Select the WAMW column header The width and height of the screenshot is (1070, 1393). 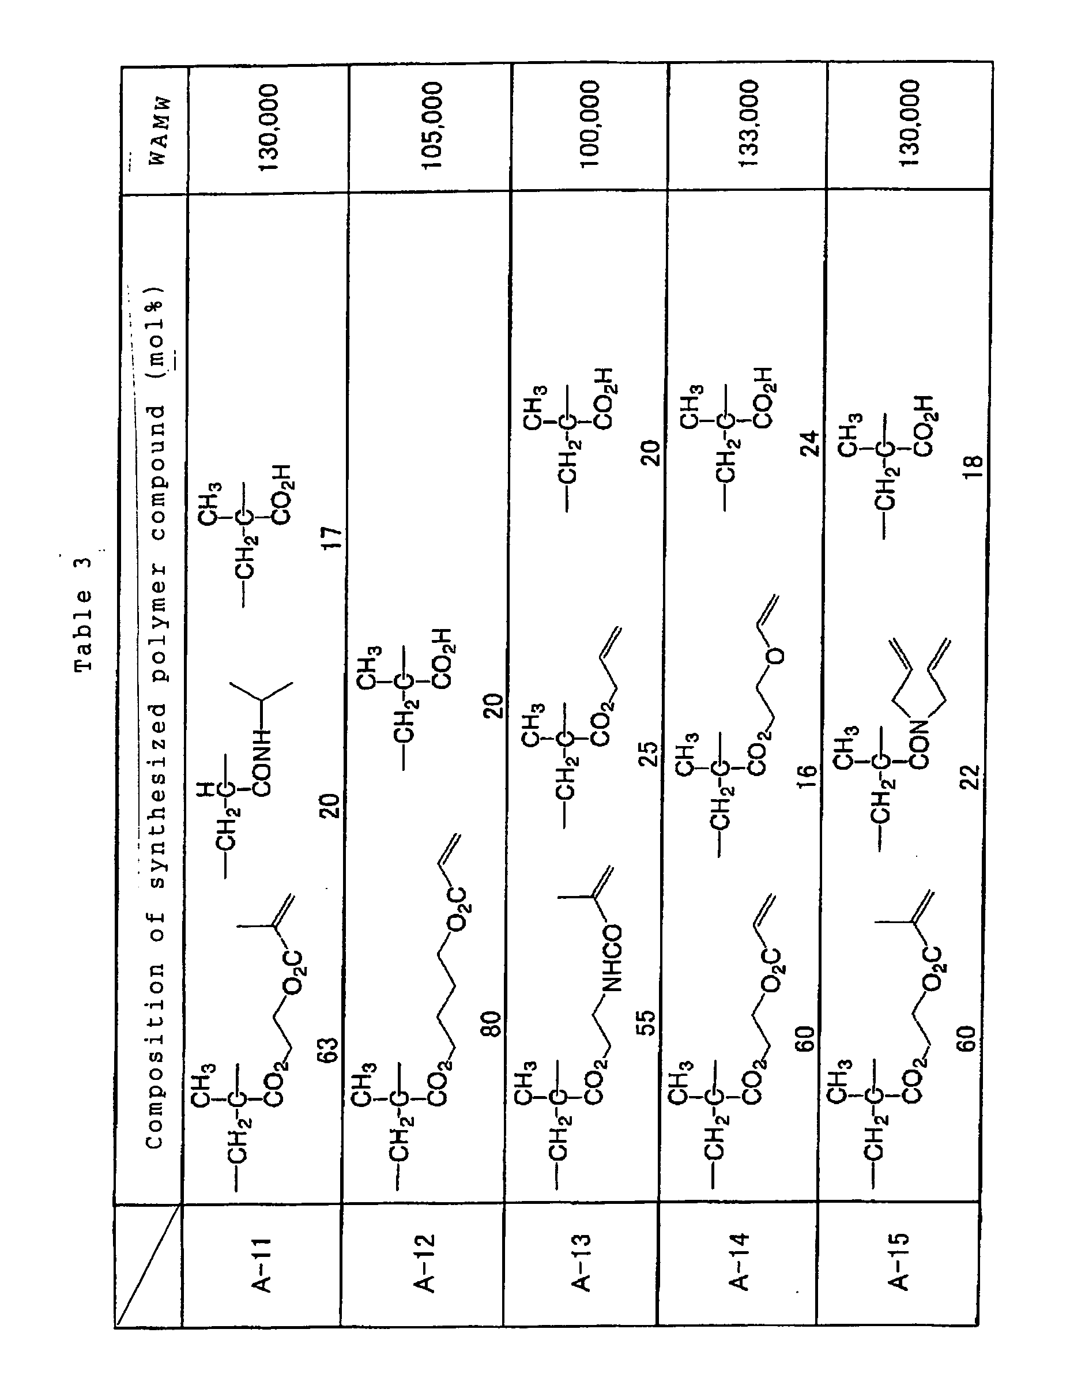click(x=158, y=130)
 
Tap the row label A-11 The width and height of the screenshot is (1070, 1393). click(x=261, y=1264)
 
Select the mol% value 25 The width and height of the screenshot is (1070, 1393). click(x=649, y=753)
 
